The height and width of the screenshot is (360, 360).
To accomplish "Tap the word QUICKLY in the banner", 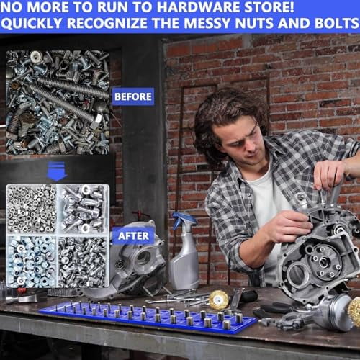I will click(x=36, y=25).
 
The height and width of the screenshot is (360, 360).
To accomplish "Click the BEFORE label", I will click(x=132, y=96).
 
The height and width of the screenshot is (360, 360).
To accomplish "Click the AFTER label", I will click(x=132, y=235).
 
